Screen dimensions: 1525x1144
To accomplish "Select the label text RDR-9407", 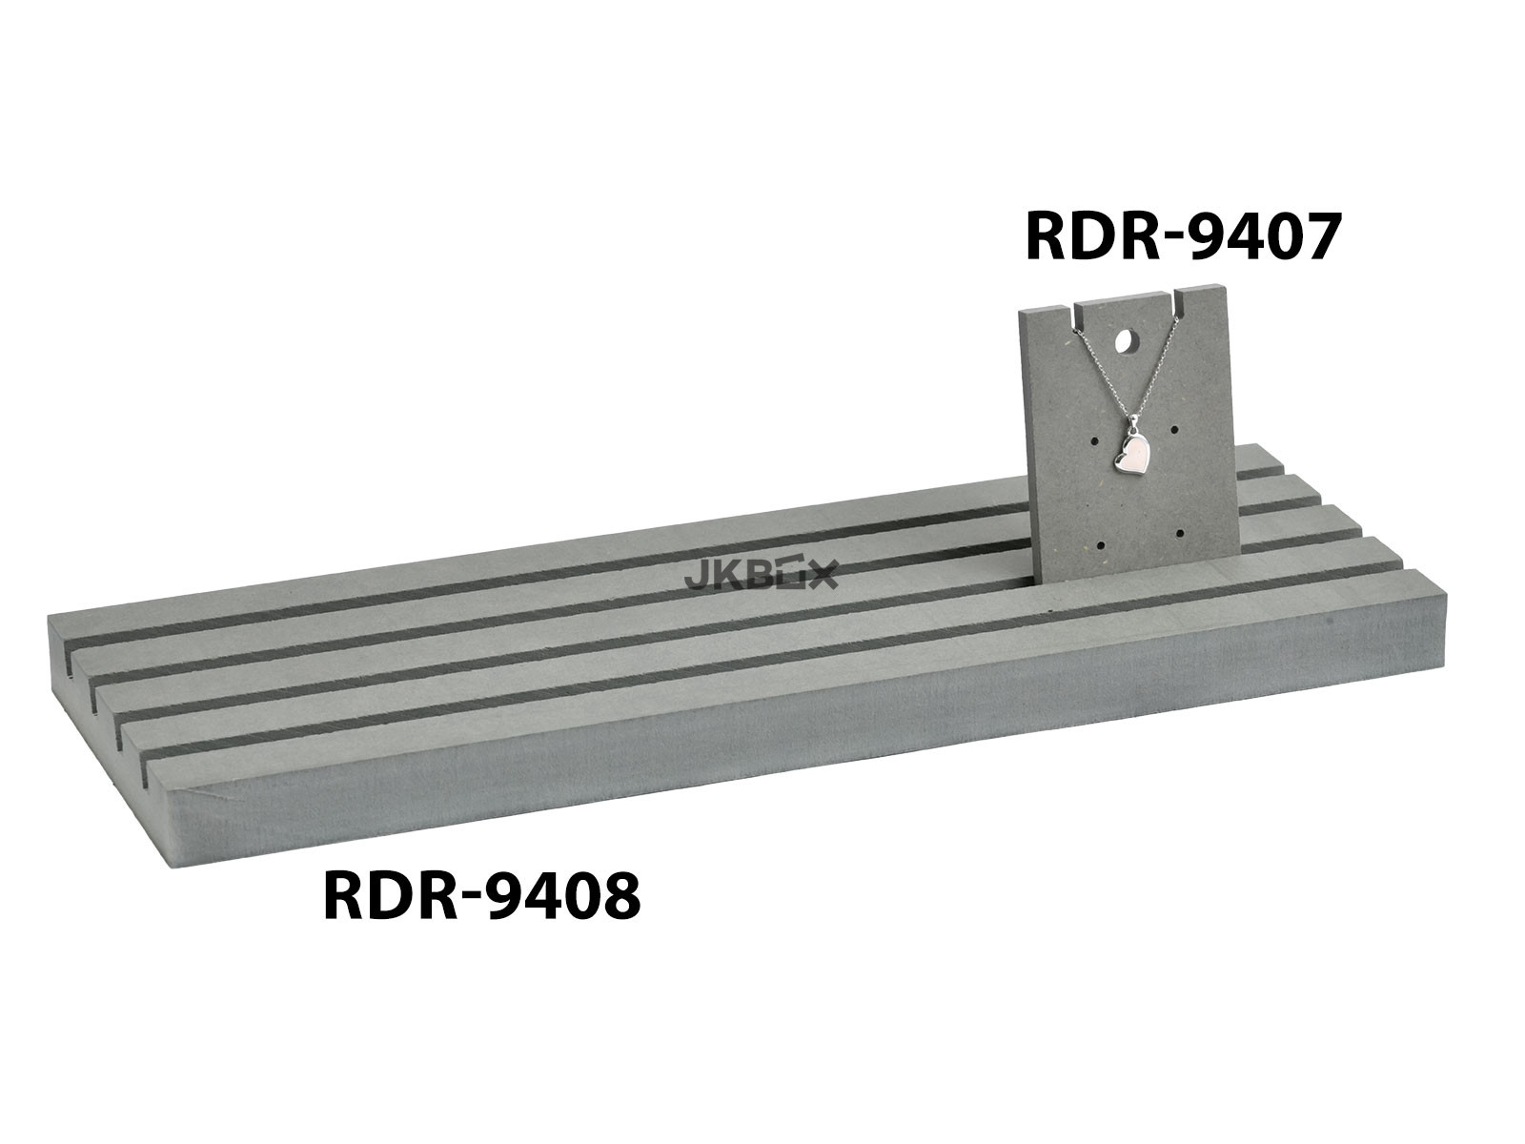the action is [1180, 236].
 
